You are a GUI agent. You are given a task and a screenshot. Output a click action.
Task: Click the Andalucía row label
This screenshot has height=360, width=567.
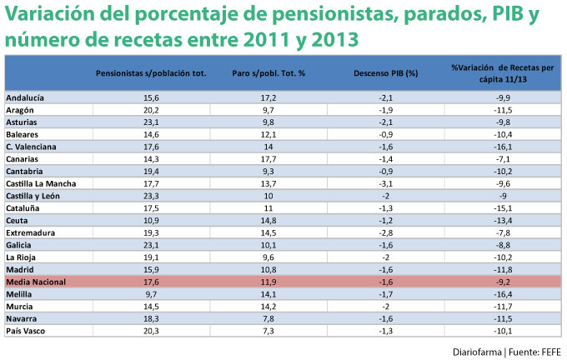click(x=25, y=98)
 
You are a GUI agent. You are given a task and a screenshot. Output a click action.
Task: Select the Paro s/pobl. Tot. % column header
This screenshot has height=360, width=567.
click(x=268, y=73)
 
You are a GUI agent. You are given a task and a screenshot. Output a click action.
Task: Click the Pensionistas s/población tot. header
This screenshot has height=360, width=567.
click(x=151, y=73)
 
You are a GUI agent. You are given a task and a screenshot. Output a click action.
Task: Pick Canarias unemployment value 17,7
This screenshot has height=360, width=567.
click(x=268, y=158)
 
